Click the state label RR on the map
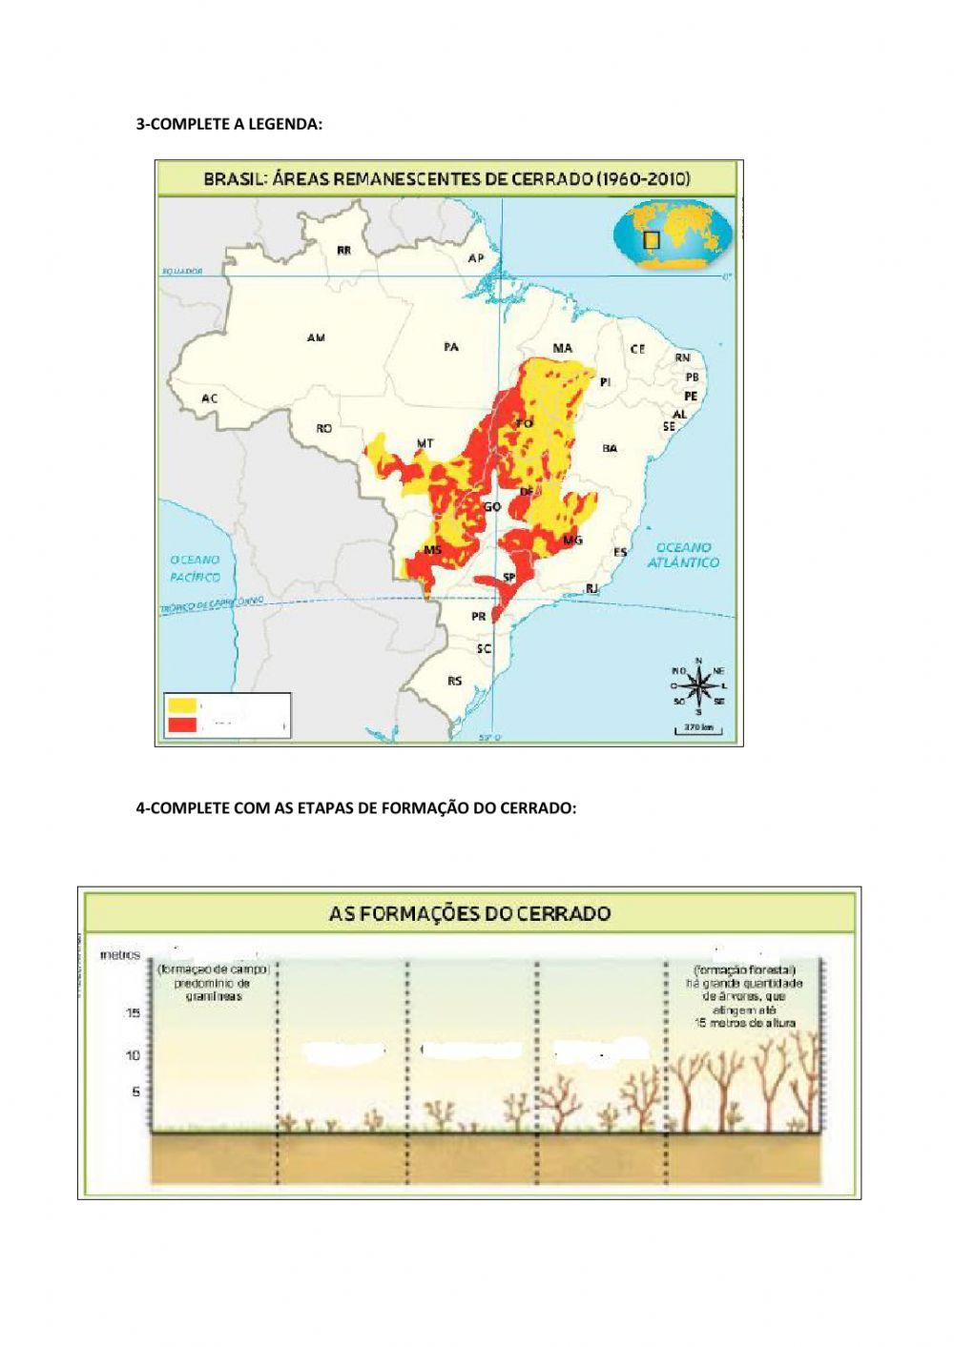tap(343, 250)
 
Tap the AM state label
tap(316, 337)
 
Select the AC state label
tap(209, 398)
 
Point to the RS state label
tap(454, 681)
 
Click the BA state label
tap(610, 448)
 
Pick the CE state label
tap(637, 349)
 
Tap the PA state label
tap(451, 347)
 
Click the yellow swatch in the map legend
tap(181, 705)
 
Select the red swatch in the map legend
tap(181, 725)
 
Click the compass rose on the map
tap(698, 684)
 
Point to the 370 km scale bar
tap(699, 728)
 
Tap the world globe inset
tap(673, 238)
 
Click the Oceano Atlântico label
tap(683, 555)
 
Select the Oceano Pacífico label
tap(195, 568)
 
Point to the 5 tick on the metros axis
tap(135, 1092)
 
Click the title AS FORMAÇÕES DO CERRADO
tap(469, 913)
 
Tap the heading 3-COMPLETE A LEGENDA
tap(229, 124)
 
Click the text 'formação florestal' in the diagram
tap(745, 969)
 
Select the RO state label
tap(324, 429)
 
